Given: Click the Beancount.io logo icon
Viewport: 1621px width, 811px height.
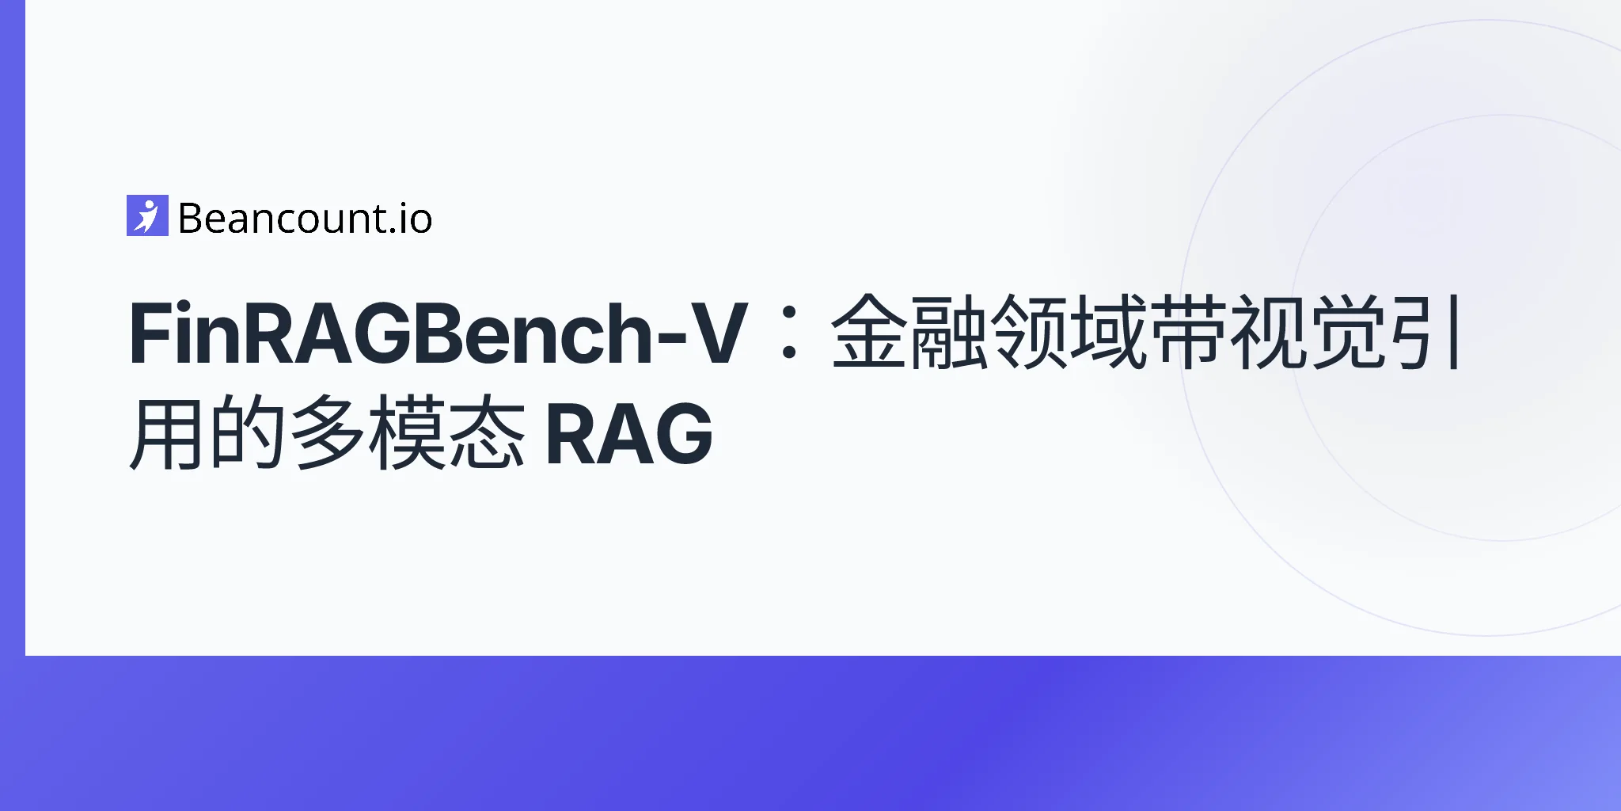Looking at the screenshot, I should click(147, 215).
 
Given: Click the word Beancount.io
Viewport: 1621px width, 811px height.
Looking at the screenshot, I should click(305, 219).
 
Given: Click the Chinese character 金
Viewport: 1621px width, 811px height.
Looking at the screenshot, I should click(868, 333).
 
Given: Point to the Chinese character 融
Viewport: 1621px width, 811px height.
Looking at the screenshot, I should click(948, 333).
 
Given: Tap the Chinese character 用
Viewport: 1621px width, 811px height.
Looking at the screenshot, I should click(166, 434).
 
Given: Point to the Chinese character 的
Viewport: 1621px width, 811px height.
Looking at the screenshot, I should click(247, 434).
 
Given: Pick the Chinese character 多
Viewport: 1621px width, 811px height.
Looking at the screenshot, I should click(327, 434).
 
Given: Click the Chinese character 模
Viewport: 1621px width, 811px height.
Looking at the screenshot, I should click(408, 434).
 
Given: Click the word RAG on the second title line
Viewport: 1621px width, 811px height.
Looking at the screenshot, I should click(629, 434).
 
